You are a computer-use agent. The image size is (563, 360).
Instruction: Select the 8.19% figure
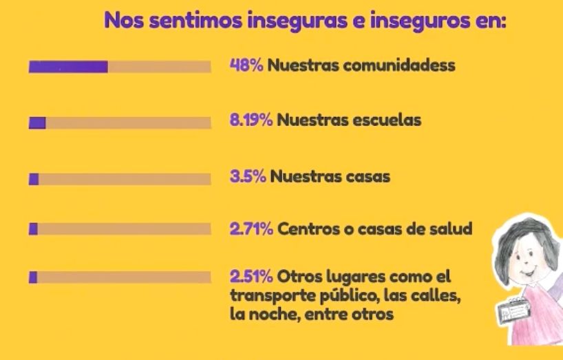point(251,120)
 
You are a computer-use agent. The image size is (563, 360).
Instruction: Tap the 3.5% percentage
point(248,176)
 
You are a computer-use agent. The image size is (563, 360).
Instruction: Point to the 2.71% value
point(251,229)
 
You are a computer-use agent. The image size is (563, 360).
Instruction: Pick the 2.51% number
point(251,277)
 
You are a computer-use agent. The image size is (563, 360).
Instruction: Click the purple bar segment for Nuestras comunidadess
point(68,67)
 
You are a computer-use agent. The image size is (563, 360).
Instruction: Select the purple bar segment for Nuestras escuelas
point(37,123)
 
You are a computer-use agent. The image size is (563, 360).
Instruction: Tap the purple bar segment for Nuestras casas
point(34,179)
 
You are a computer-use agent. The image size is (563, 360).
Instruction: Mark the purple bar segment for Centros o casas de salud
point(33,229)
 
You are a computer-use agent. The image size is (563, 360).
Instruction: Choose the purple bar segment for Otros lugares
point(32,277)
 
